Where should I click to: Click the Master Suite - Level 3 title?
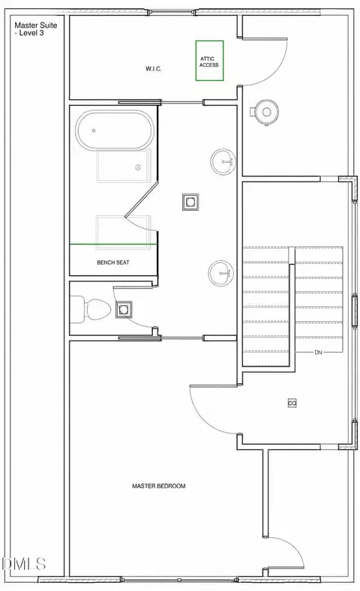click(x=36, y=29)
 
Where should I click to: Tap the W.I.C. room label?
click(x=154, y=68)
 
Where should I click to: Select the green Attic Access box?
click(x=209, y=61)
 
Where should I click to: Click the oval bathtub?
click(x=115, y=130)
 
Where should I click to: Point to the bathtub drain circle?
click(x=94, y=130)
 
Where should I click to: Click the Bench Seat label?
click(x=113, y=262)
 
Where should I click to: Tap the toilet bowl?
click(x=98, y=310)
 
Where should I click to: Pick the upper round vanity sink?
click(x=223, y=162)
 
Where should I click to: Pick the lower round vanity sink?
click(x=221, y=273)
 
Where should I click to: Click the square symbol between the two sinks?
click(x=190, y=202)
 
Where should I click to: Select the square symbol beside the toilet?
click(x=124, y=310)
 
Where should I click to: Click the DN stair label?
click(x=319, y=352)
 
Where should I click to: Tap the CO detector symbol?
click(x=292, y=403)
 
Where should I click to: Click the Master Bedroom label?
click(x=159, y=486)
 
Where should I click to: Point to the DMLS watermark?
click(x=24, y=564)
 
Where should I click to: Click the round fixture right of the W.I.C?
click(x=265, y=112)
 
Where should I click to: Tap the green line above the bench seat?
click(x=113, y=244)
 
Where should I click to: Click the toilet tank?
click(x=77, y=310)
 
